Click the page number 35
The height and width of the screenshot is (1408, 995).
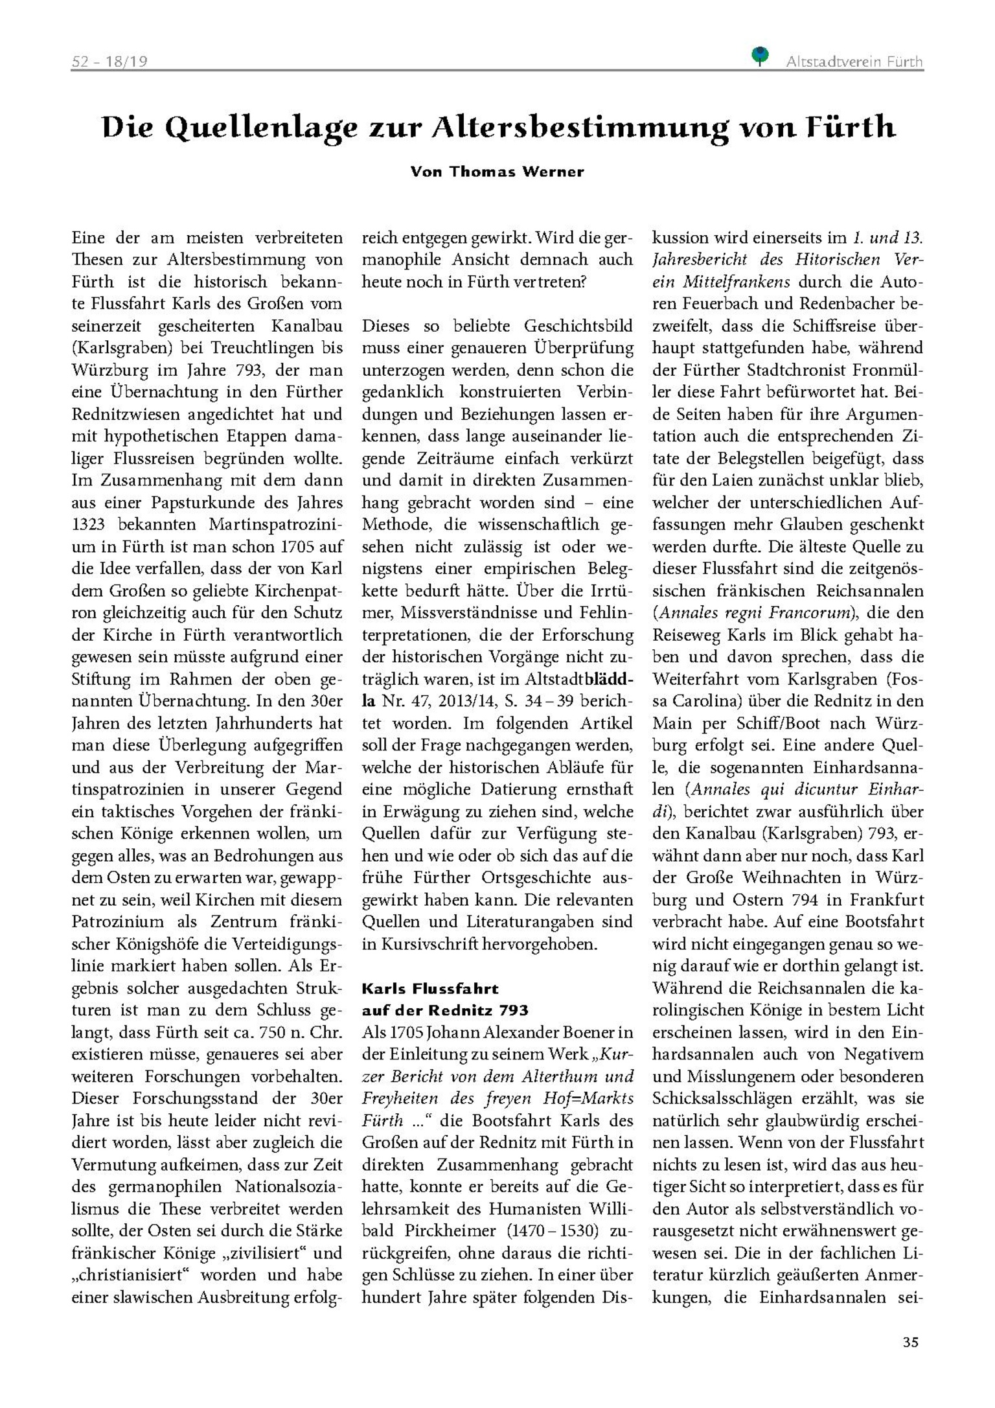click(910, 1342)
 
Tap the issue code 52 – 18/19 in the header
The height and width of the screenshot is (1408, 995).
click(109, 62)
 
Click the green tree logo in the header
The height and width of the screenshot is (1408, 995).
click(759, 56)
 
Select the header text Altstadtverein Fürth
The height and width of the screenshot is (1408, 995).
click(854, 62)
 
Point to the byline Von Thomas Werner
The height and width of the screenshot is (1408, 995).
click(497, 172)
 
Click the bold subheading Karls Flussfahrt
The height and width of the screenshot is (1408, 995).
click(430, 989)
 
